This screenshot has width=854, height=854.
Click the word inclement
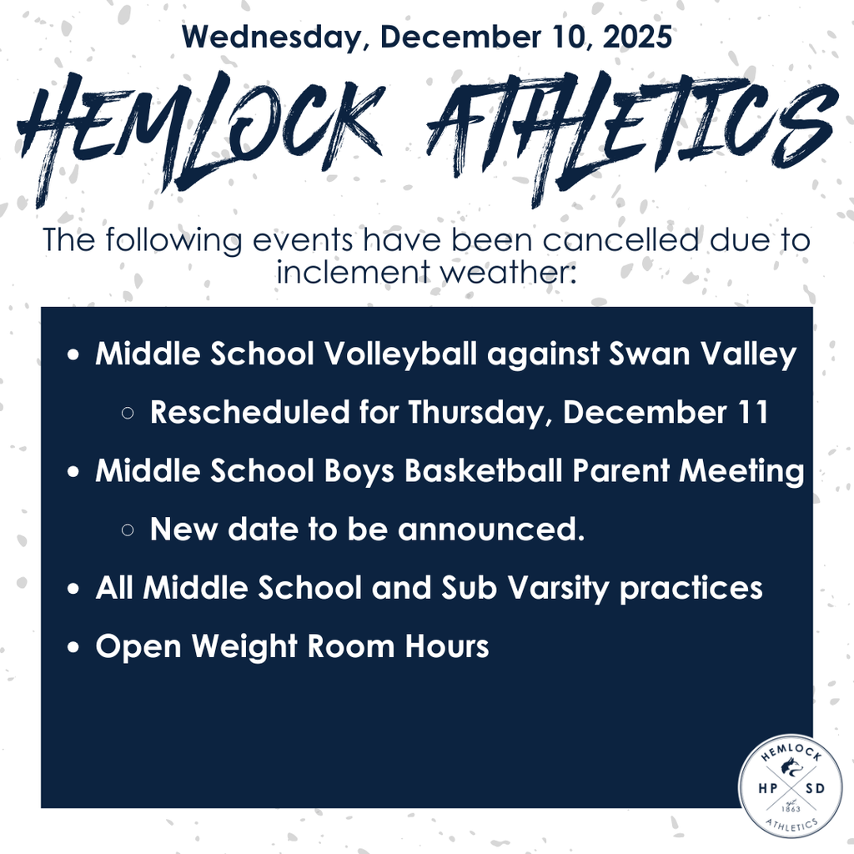pyautogui.click(x=354, y=271)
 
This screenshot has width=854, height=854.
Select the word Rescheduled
pyautogui.click(x=249, y=412)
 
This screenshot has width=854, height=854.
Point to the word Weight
pyautogui.click(x=243, y=647)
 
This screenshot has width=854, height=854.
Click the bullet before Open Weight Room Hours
pyautogui.click(x=73, y=647)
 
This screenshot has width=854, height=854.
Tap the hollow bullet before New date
pyautogui.click(x=128, y=530)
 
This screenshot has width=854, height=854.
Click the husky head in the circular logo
pyautogui.click(x=789, y=768)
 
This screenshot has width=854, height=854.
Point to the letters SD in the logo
pyautogui.click(x=815, y=788)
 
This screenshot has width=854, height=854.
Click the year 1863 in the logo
pyautogui.click(x=791, y=809)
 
